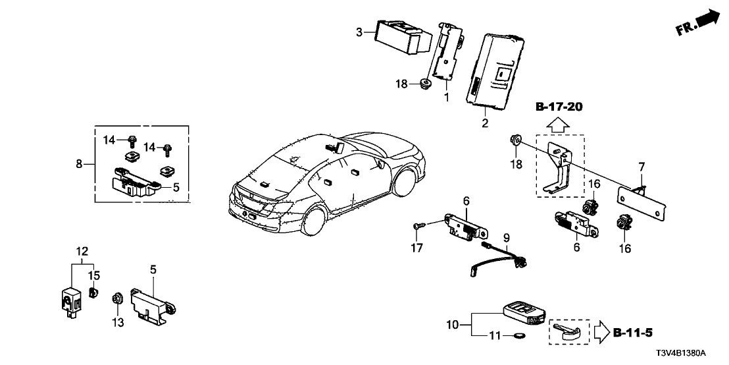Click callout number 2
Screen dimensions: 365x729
(485, 122)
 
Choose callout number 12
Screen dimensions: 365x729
(81, 251)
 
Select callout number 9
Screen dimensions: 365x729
(507, 237)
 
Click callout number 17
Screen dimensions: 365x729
(415, 248)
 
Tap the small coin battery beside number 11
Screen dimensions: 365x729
(519, 337)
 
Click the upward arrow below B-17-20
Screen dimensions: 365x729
(558, 123)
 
